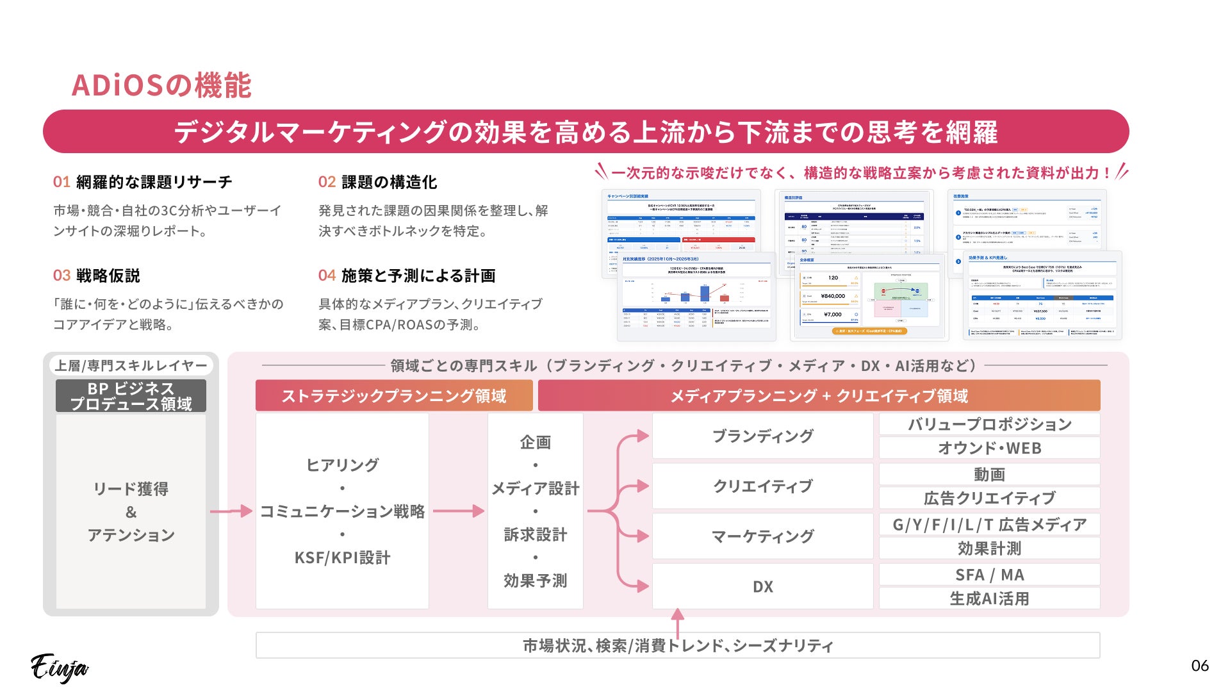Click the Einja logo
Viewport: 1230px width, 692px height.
coord(60,668)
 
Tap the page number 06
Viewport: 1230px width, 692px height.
coord(1199,666)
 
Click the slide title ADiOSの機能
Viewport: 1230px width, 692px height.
coord(161,86)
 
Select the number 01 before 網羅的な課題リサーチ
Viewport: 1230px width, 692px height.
coord(61,182)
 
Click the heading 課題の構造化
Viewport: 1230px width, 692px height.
coord(389,182)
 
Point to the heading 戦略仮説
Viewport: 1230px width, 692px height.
coord(108,276)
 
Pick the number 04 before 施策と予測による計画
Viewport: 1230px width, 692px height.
coord(327,276)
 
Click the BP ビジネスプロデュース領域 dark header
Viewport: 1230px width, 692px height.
coord(131,396)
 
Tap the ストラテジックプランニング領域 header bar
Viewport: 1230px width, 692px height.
coord(393,396)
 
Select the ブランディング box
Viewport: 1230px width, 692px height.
coord(762,436)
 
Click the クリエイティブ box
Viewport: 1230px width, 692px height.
coord(762,486)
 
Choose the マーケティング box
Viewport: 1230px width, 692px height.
coord(762,536)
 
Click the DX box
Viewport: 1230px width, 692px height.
coord(762,586)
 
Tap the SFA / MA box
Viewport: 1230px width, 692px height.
coord(989,575)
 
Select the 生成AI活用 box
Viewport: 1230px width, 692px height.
coord(989,598)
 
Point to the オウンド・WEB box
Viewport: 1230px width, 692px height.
coord(989,448)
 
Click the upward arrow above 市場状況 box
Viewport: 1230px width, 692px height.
coord(677,621)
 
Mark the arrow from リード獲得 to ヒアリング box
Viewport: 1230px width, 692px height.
coord(231,511)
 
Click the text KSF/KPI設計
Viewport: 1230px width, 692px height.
coord(342,557)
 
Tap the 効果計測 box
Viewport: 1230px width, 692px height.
coord(989,548)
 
